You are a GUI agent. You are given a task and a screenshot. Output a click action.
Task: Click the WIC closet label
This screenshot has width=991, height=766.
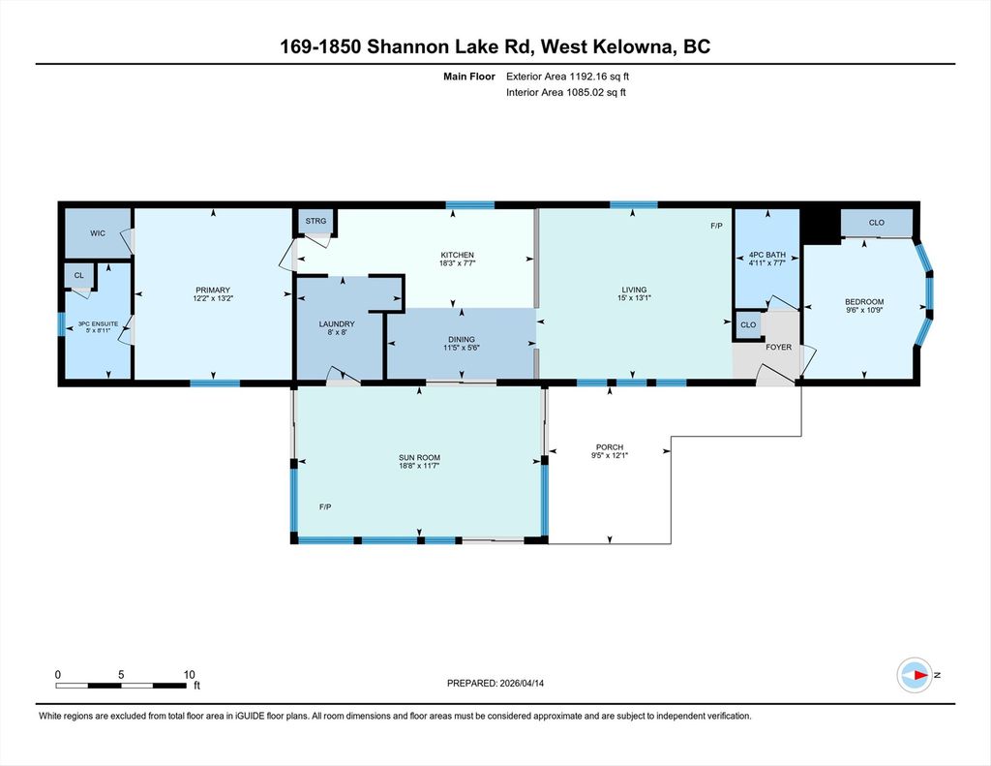pos(98,233)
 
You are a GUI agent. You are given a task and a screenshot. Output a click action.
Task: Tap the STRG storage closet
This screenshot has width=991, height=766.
pos(316,221)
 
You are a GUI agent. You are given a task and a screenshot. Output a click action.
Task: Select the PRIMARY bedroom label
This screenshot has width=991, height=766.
pos(213,291)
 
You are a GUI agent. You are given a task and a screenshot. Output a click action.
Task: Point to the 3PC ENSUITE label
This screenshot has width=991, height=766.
pos(98,323)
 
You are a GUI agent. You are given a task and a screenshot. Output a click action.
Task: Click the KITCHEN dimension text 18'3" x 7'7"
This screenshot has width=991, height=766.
pos(457,263)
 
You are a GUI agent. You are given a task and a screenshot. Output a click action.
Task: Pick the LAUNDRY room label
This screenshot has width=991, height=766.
pos(337,323)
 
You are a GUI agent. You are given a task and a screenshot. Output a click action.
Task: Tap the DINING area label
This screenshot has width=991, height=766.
pos(462,340)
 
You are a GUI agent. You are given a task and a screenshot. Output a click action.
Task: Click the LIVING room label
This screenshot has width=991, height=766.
pos(634,290)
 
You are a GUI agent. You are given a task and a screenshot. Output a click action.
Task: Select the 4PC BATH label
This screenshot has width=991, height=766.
pos(767,255)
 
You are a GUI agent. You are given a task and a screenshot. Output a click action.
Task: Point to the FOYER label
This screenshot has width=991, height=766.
pos(779,348)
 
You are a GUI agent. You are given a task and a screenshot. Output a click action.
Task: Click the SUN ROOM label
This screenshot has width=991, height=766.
pos(420,458)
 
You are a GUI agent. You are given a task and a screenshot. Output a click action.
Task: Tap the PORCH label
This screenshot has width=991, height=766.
pos(610,447)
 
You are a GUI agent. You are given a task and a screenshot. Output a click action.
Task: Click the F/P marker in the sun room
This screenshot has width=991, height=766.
pos(325,506)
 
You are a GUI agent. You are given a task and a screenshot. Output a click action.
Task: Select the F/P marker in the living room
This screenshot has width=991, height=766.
pos(716,226)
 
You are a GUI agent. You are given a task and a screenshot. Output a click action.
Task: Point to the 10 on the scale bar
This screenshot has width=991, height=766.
pos(190,675)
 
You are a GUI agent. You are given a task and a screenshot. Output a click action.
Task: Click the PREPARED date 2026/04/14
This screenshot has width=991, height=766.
pos(522,683)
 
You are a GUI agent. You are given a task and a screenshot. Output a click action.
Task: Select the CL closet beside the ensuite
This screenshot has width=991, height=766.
pos(79,276)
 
